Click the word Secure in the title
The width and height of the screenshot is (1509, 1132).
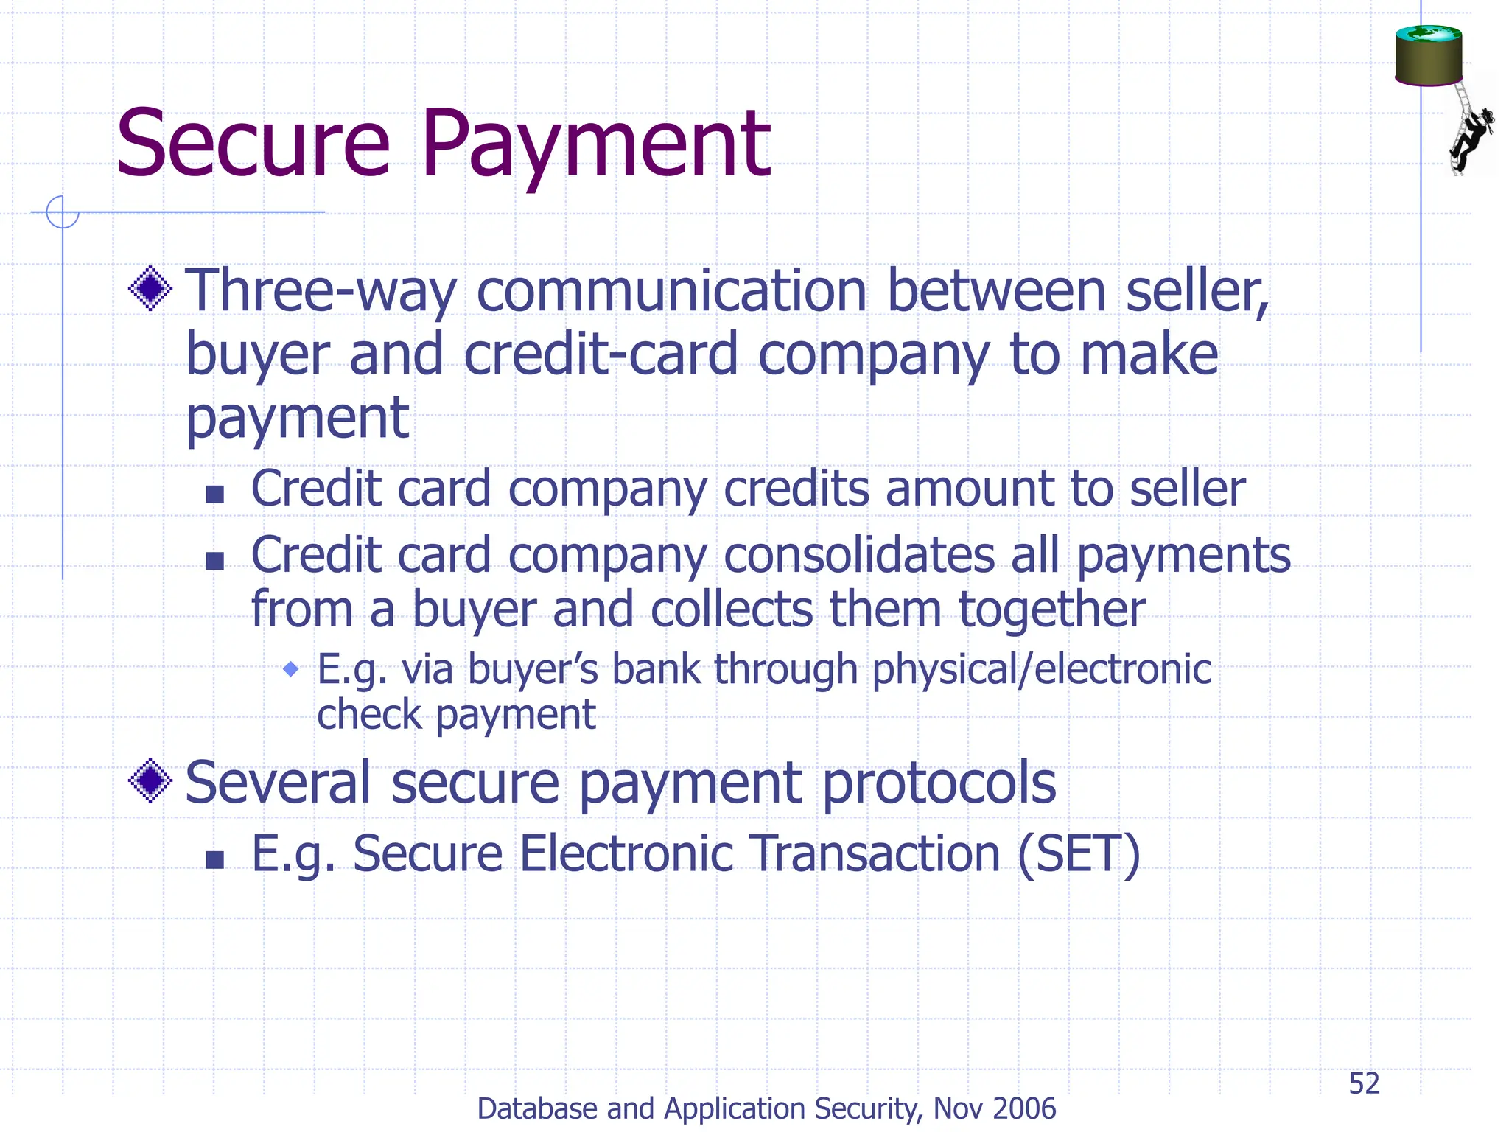coord(253,144)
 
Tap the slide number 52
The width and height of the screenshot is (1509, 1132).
coord(1364,1083)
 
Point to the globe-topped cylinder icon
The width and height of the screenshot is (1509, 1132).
coord(1428,55)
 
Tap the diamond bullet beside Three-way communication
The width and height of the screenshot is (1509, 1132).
coord(150,288)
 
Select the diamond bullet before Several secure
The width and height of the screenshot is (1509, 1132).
coord(150,780)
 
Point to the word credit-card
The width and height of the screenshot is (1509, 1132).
coord(601,355)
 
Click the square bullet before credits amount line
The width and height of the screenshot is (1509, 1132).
coord(214,494)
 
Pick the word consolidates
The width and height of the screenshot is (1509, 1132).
coord(859,555)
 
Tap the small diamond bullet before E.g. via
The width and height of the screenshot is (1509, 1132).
coord(291,669)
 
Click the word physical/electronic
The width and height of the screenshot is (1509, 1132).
coord(1042,670)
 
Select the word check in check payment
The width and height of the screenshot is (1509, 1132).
coord(369,715)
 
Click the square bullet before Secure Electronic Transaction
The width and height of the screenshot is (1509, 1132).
coord(214,859)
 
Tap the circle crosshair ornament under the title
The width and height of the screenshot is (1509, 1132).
coord(63,212)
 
